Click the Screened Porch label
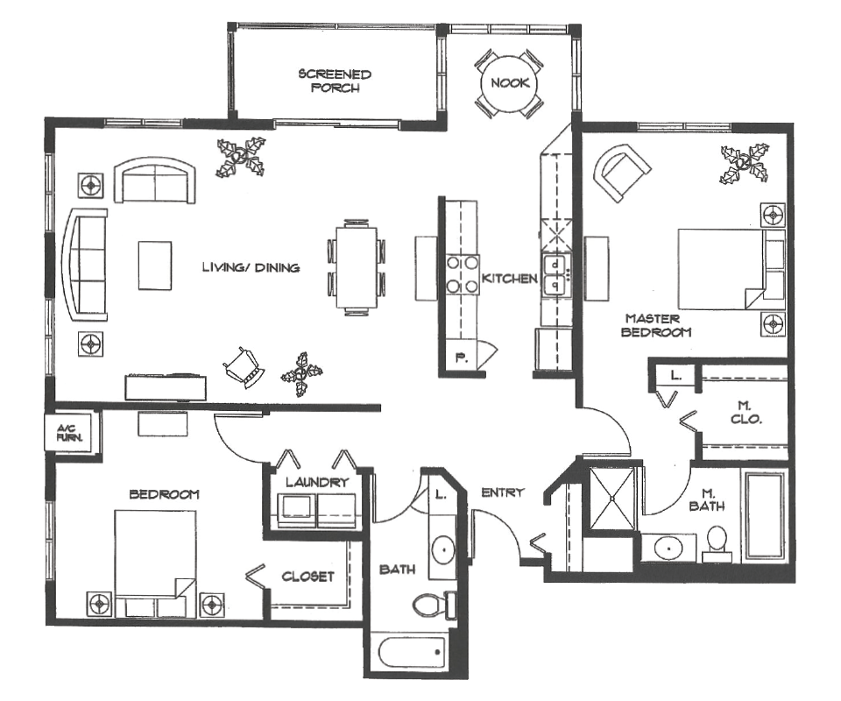pos(335,81)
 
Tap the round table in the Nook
pos(507,84)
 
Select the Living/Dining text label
pos(251,267)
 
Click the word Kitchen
pos(509,279)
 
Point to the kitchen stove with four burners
pos(462,273)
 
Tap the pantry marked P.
pos(460,357)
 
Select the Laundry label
pos(317,482)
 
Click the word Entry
pos(503,492)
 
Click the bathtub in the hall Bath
pos(410,653)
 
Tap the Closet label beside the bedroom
pos(307,577)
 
